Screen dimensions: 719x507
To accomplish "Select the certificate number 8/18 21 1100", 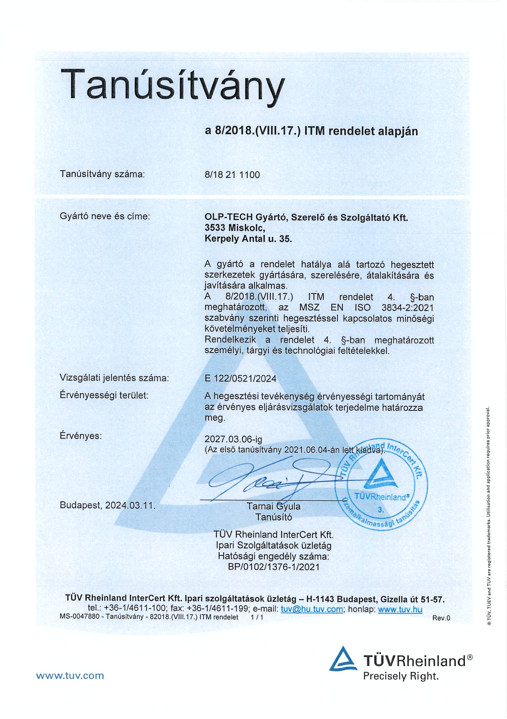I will (x=232, y=175).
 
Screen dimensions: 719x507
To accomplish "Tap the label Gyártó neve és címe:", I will (x=105, y=216).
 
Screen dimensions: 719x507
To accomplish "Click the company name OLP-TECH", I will (x=228, y=217).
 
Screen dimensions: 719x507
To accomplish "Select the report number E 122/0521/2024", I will (x=240, y=379).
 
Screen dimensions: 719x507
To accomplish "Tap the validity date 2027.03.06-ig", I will (x=233, y=439).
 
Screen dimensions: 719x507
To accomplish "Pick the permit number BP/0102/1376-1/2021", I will (x=273, y=567).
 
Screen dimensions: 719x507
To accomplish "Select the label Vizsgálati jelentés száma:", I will (x=114, y=378).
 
